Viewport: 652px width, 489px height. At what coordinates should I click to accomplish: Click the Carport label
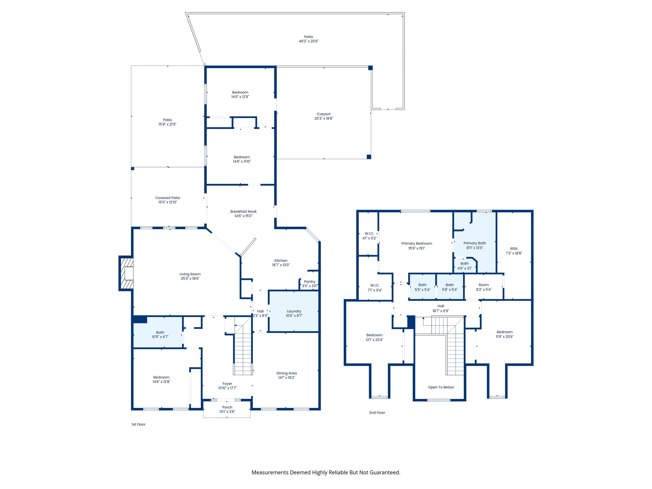[x=323, y=114]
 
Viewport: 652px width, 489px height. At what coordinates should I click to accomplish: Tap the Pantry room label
[x=309, y=281]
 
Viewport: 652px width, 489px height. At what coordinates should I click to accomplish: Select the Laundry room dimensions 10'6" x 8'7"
[x=294, y=316]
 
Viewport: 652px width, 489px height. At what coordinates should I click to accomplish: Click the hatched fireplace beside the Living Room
[x=126, y=273]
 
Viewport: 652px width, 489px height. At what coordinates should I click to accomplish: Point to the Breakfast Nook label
[x=243, y=211]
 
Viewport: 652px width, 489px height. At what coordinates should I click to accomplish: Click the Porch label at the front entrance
[x=227, y=407]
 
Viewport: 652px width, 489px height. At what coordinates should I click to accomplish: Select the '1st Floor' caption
[x=138, y=424]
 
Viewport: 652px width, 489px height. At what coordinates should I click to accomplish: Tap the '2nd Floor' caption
[x=377, y=413]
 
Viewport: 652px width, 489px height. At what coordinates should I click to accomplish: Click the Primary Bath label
[x=474, y=243]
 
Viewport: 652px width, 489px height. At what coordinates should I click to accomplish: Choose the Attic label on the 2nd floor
[x=514, y=249]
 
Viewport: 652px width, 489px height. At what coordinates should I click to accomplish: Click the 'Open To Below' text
[x=441, y=387]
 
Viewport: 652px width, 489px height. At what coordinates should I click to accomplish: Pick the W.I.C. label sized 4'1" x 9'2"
[x=369, y=233]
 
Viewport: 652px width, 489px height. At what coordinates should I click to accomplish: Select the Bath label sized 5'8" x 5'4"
[x=450, y=285]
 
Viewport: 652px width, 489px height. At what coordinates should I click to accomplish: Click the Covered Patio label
[x=167, y=198]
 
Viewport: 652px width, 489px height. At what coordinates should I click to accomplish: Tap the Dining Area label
[x=286, y=373]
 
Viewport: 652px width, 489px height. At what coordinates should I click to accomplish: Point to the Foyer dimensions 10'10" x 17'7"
[x=227, y=388]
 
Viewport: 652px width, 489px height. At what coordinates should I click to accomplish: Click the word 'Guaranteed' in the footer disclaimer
[x=385, y=472]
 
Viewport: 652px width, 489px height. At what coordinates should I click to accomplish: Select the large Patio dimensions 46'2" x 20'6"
[x=308, y=41]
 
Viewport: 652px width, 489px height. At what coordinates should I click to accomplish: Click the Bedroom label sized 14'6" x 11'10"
[x=242, y=157]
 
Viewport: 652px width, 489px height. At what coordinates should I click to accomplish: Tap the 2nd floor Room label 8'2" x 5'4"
[x=484, y=285]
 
